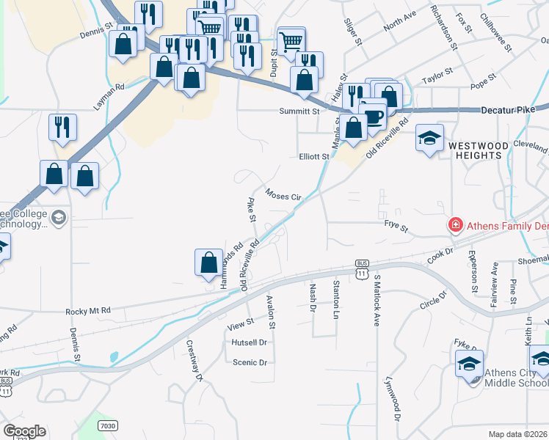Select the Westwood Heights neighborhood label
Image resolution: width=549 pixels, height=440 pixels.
coord(478,152)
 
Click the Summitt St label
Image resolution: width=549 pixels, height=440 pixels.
coord(299,111)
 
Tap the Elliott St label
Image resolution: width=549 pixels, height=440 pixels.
coord(313,156)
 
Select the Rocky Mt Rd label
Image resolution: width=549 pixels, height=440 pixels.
coord(87,311)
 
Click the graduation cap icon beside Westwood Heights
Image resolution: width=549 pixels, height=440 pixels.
coord(429,137)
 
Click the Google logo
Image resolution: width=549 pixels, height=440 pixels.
coord(24,431)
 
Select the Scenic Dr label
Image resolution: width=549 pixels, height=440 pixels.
coord(250,362)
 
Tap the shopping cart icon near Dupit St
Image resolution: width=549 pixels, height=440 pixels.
coord(291,40)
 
